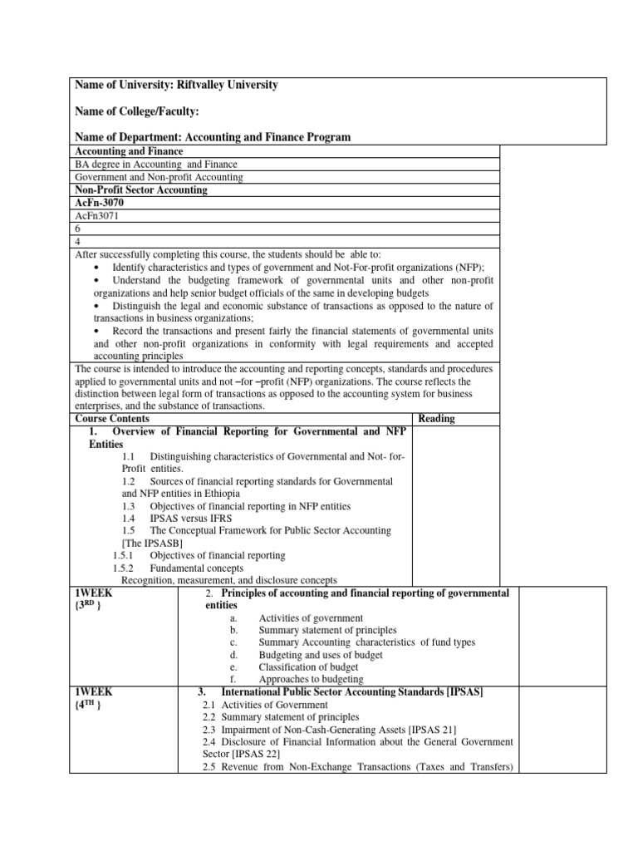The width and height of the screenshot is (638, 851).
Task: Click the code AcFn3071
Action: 98,215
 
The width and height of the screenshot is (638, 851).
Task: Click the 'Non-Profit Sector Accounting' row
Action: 141,189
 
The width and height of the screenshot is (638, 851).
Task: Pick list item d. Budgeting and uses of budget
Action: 320,655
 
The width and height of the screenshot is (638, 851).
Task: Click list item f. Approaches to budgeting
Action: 310,679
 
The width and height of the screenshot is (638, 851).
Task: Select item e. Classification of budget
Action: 308,667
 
